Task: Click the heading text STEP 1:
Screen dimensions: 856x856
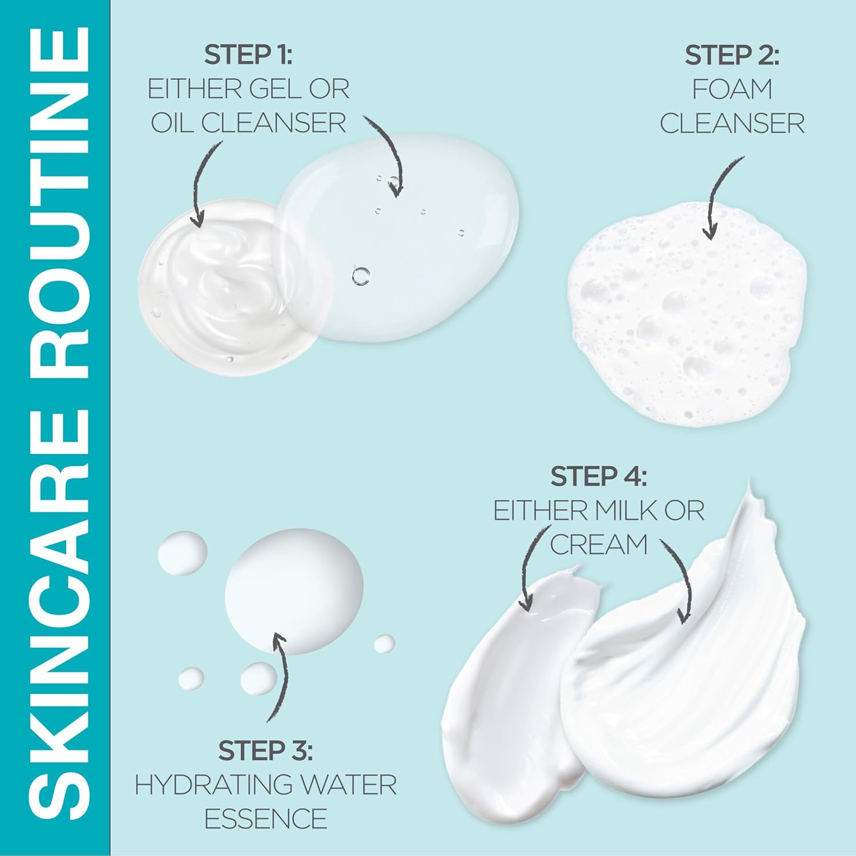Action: click(x=248, y=55)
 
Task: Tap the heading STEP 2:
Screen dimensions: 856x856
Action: click(x=732, y=55)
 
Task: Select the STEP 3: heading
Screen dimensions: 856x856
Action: click(x=265, y=751)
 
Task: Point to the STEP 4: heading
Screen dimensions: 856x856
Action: click(x=599, y=477)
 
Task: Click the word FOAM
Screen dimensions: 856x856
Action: click(x=732, y=89)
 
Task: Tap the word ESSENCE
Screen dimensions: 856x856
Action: click(x=265, y=819)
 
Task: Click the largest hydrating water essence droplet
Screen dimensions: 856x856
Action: click(x=294, y=591)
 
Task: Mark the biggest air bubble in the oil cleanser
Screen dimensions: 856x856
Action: click(x=361, y=276)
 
